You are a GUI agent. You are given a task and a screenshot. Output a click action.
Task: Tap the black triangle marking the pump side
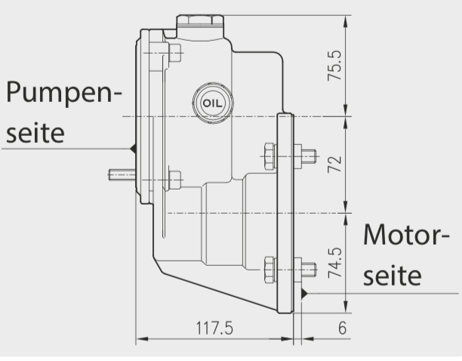[132, 148]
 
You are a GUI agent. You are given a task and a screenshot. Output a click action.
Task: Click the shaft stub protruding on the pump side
[121, 175]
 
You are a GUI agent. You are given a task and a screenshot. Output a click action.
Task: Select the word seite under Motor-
[392, 276]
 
